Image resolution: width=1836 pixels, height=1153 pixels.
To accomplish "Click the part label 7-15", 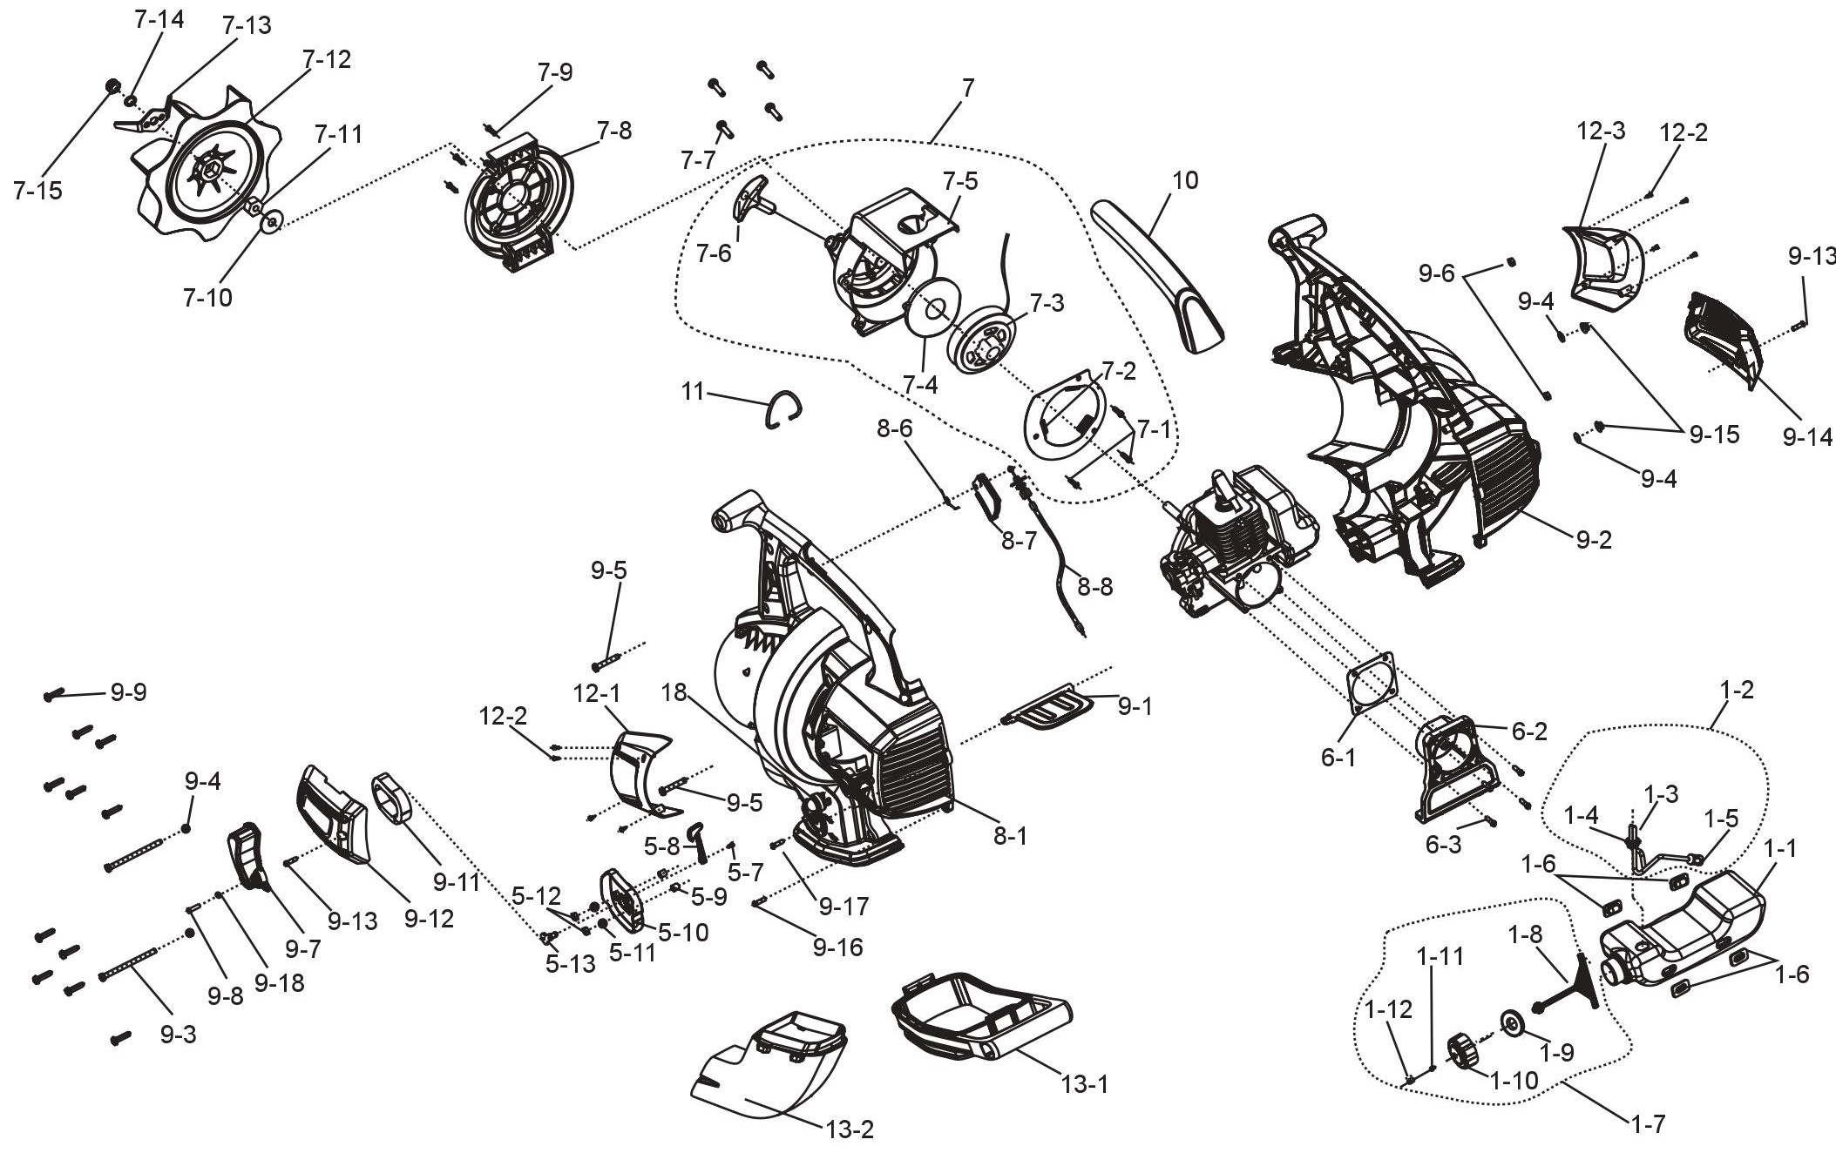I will point(37,190).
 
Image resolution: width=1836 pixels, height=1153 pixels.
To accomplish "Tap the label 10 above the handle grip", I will point(1185,180).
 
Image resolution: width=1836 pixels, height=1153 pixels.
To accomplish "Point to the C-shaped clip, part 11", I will point(784,408).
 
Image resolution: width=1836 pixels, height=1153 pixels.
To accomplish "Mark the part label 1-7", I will point(1646,1124).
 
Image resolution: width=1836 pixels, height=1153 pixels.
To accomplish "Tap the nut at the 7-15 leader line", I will point(112,85).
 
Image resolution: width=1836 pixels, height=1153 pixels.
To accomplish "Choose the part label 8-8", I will point(1094,586).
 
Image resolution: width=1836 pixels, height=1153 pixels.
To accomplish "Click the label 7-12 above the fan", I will point(327,59).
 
